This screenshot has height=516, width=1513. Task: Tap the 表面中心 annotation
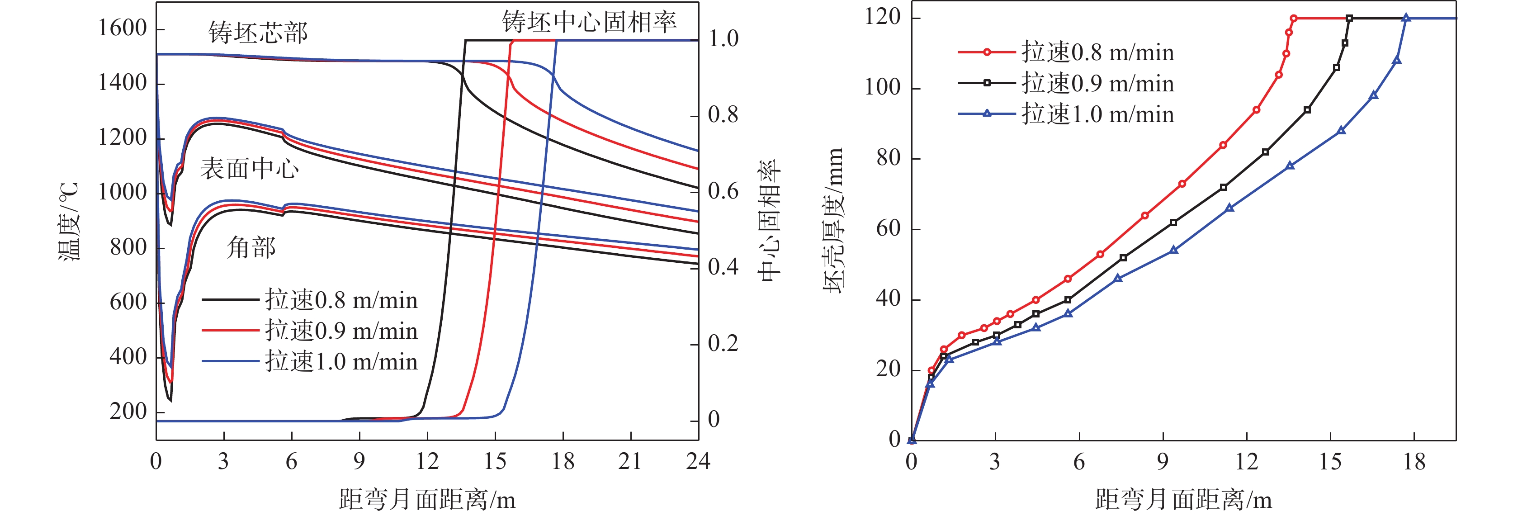coord(250,169)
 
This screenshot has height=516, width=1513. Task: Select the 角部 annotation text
coord(251,247)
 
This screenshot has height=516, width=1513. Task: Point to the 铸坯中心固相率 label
coord(589,22)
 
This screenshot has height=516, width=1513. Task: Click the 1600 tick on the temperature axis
coord(122,28)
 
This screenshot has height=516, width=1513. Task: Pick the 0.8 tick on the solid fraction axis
coord(723,114)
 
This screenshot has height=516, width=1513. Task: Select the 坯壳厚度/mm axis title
coord(833,220)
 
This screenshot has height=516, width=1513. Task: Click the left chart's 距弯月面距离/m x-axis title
coord(427,500)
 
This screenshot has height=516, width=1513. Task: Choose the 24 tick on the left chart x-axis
coord(698,461)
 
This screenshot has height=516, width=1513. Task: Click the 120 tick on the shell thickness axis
coord(882,17)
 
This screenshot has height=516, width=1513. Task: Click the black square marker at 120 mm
coord(1349,18)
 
